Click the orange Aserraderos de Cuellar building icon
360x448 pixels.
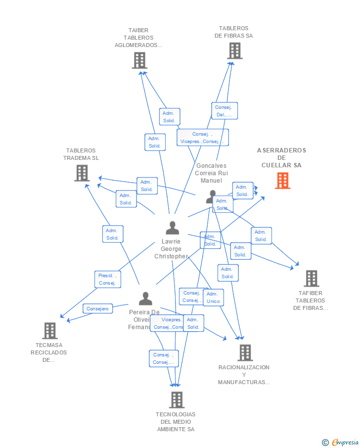pos(282,181)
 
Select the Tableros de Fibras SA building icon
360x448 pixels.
pos(235,50)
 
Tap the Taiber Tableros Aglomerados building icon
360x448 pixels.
pos(140,60)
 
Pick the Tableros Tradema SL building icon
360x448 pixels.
pos(82,173)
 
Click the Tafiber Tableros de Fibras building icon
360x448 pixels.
pos(311,279)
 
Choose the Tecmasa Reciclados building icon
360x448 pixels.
pos(49,331)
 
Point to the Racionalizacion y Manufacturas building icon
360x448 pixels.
pos(245,353)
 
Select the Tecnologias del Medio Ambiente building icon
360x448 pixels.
pos(177,400)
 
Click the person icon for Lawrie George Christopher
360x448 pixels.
pos(172,228)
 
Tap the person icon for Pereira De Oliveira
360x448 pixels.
pos(145,299)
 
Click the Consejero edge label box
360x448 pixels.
pos(97,308)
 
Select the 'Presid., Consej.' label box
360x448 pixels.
pos(108,279)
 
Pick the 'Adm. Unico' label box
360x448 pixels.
pos(213,298)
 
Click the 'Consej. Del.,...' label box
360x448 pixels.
pos(225,111)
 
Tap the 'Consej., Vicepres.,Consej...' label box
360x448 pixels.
pos(202,138)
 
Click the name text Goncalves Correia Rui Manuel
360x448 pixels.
pos(211,173)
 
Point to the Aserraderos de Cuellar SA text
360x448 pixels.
pos(281,158)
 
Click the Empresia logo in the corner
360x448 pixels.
pos(345,442)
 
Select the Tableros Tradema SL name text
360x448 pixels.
pos(81,154)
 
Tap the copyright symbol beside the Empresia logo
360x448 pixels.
pos(325,443)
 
